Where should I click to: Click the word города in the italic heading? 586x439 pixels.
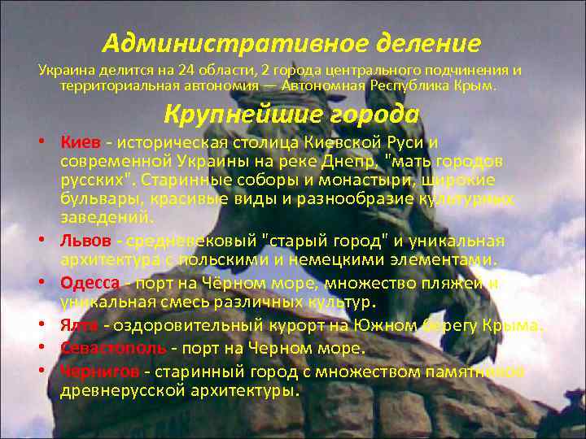pyautogui.click(x=371, y=114)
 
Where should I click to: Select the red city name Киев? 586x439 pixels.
pyautogui.click(x=77, y=144)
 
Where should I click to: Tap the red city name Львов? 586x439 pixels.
pyautogui.click(x=85, y=241)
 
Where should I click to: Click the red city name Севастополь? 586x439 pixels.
pyautogui.click(x=108, y=348)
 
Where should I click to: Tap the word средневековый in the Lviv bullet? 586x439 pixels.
pyautogui.click(x=190, y=241)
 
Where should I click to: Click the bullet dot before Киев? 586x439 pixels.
pyautogui.click(x=40, y=144)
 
